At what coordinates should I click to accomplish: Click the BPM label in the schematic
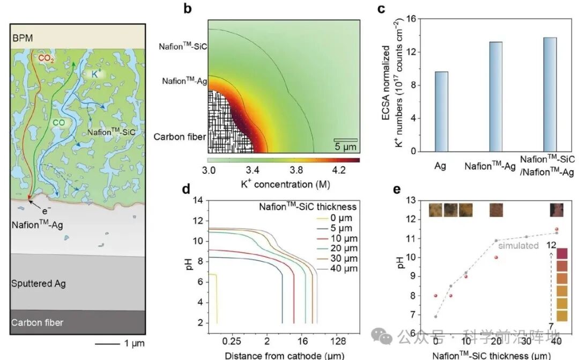click(x=23, y=38)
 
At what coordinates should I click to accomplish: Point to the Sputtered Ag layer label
click(x=38, y=283)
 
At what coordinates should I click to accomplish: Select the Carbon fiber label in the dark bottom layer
click(x=37, y=322)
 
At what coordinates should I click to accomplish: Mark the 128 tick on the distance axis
click(x=337, y=341)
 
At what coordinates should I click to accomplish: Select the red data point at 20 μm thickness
click(x=496, y=257)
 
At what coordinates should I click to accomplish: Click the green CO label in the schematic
click(x=58, y=123)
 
